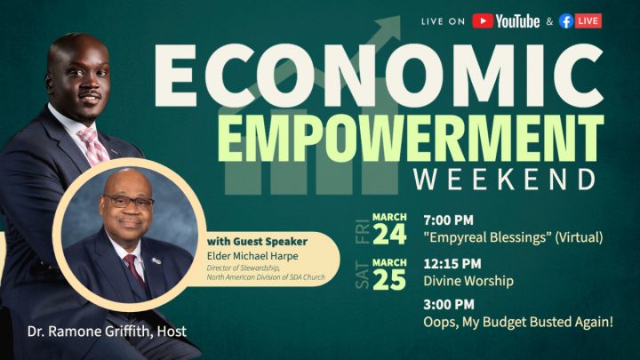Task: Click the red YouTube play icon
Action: pyautogui.click(x=483, y=20)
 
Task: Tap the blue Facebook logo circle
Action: pyautogui.click(x=565, y=20)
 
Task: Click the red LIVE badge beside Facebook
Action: pyautogui.click(x=588, y=20)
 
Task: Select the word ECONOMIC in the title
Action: pyautogui.click(x=380, y=76)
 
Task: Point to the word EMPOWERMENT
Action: pyautogui.click(x=411, y=139)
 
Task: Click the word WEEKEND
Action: pyautogui.click(x=505, y=180)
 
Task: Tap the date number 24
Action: pyautogui.click(x=389, y=235)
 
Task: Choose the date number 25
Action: pyautogui.click(x=389, y=280)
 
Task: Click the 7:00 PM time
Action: pyautogui.click(x=448, y=220)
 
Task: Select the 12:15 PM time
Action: pyautogui.click(x=452, y=264)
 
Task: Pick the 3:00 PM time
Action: pyautogui.click(x=449, y=305)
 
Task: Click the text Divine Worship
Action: pyautogui.click(x=468, y=281)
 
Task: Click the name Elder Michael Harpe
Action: pyautogui.click(x=252, y=256)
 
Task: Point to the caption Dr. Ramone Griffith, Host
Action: pyautogui.click(x=107, y=331)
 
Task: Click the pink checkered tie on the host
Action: pyautogui.click(x=93, y=147)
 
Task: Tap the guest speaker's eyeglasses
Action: pyautogui.click(x=129, y=202)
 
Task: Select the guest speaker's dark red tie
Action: pyautogui.click(x=135, y=270)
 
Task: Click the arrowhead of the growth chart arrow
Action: pyautogui.click(x=388, y=28)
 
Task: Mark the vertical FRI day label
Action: pyautogui.click(x=363, y=232)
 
